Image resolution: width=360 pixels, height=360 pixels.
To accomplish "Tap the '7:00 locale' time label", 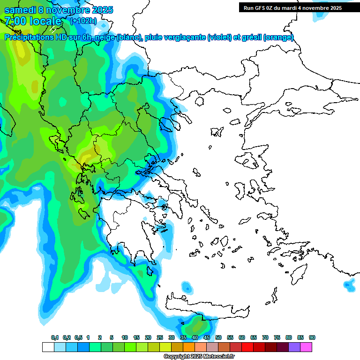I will [x=33, y=21].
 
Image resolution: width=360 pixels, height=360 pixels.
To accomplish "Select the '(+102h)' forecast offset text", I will [x=83, y=21].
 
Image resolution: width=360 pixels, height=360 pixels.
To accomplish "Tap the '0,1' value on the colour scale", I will [x=55, y=338].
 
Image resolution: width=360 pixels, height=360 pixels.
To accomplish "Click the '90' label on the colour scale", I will [x=312, y=338].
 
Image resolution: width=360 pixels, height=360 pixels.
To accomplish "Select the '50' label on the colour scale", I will [x=218, y=338].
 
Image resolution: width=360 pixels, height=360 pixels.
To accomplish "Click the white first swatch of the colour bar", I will [x=48, y=347].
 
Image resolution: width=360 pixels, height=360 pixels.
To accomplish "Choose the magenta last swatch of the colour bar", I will [x=306, y=347].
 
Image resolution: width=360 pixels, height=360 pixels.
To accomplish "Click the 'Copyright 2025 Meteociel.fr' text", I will [x=198, y=357].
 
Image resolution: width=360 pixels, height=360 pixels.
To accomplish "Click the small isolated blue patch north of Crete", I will [x=187, y=286].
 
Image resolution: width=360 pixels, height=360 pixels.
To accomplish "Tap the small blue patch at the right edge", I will [x=349, y=284].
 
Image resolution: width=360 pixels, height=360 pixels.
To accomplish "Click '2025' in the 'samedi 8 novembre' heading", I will [x=100, y=10].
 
